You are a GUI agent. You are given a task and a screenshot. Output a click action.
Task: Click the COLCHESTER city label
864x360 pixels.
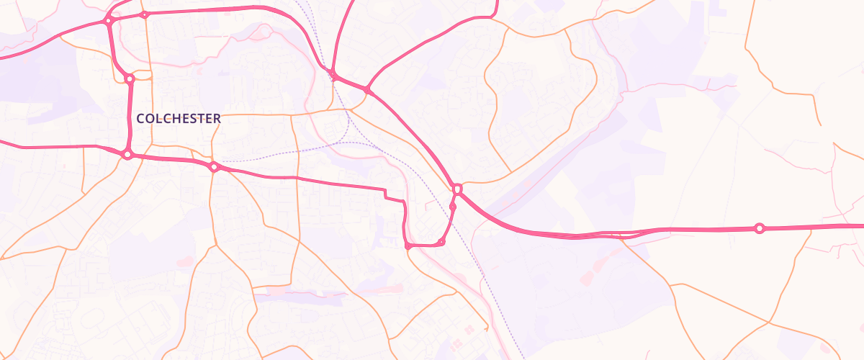click(178, 118)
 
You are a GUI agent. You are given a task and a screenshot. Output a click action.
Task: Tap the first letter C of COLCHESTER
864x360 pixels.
click(140, 118)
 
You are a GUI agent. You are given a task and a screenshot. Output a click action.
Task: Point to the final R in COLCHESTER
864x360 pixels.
click(217, 118)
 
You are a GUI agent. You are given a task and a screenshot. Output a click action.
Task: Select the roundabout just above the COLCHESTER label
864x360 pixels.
click(130, 78)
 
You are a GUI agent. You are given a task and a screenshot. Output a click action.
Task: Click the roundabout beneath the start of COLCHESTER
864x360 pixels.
click(127, 154)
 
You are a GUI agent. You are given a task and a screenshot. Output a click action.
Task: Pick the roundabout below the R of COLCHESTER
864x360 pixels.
click(213, 167)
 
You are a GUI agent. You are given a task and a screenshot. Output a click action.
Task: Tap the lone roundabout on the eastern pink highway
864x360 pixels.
click(759, 228)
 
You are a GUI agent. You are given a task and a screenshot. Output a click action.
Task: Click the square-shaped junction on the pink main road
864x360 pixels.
click(457, 189)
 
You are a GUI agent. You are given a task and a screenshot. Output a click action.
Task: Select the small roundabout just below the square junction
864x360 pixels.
click(453, 207)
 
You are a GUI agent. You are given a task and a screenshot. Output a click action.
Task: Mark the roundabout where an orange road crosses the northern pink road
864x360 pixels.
click(145, 14)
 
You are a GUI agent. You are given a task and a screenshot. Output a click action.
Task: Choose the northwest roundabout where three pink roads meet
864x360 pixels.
click(108, 21)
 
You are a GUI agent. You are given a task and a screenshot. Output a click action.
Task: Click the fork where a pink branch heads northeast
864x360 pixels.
click(367, 90)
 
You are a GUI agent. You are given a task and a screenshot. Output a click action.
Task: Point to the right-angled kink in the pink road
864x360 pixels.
click(387, 194)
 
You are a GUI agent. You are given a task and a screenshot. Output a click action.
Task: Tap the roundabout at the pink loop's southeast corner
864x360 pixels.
click(441, 242)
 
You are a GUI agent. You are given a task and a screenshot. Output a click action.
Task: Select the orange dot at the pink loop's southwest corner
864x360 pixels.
click(408, 246)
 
